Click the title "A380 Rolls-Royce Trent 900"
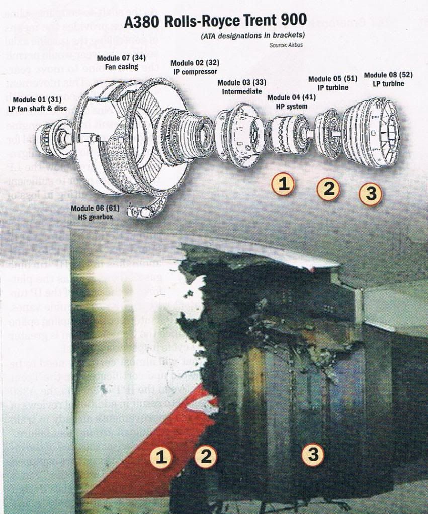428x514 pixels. tap(214, 23)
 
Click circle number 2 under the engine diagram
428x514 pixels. tap(328, 189)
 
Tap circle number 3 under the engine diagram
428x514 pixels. tap(371, 194)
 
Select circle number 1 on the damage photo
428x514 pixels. tap(161, 457)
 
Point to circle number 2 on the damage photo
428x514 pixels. tap(206, 456)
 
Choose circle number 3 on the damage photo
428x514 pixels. tap(313, 454)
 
